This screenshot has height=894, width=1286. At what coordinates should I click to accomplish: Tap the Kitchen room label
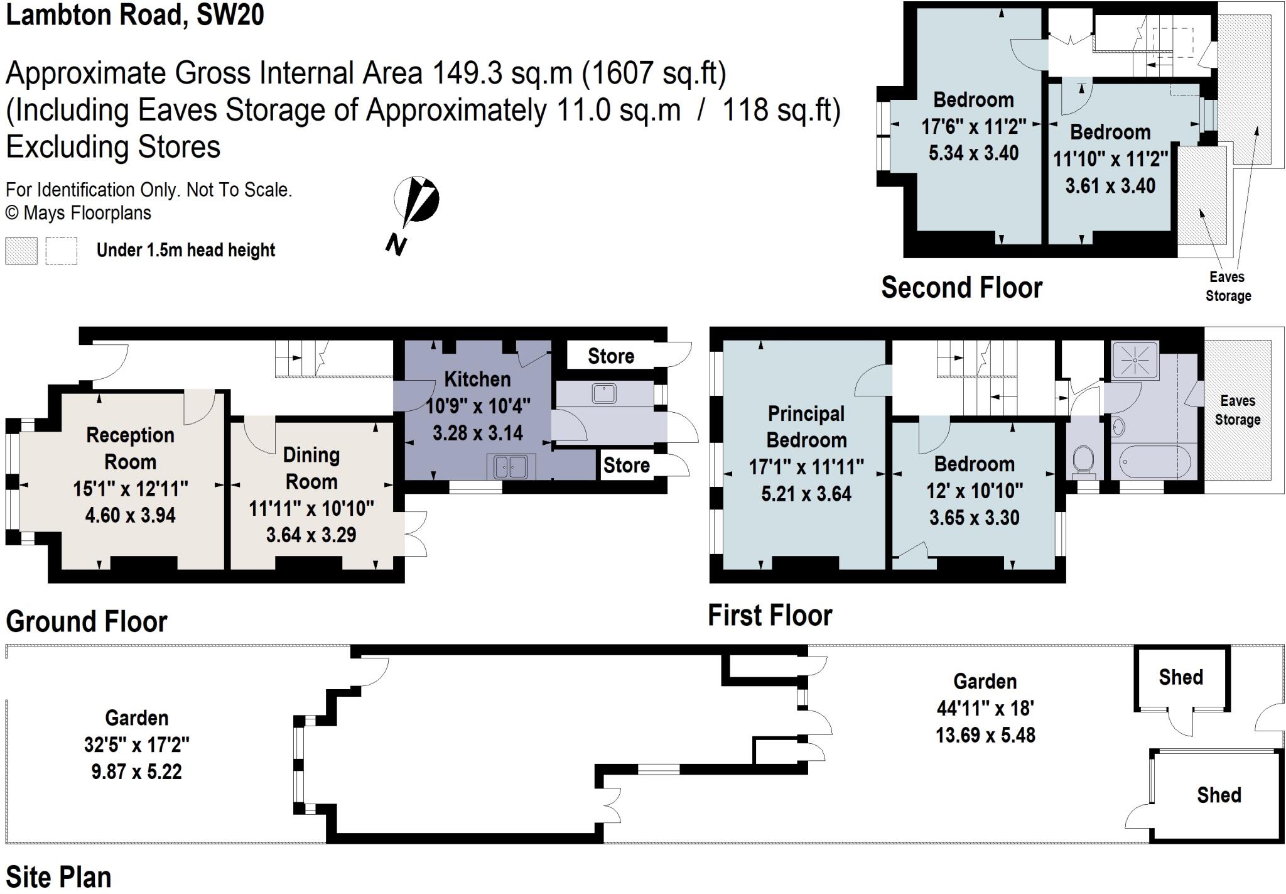477,379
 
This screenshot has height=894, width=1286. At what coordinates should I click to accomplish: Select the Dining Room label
311,468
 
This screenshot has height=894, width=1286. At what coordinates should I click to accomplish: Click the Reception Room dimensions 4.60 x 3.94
130,515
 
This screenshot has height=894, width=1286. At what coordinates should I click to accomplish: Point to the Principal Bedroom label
806,427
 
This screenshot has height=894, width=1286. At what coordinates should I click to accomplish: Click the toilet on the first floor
1083,460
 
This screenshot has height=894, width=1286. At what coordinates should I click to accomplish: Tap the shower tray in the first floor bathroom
1135,360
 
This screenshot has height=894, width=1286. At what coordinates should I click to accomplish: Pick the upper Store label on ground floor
610,356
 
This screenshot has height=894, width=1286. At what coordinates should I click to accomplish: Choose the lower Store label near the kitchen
626,466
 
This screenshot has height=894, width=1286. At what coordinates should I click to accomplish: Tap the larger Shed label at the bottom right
1218,795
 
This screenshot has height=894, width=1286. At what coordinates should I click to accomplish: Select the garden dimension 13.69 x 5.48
985,735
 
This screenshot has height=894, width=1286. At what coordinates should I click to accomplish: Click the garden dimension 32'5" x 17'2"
136,745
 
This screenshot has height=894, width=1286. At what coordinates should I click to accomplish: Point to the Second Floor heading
961,288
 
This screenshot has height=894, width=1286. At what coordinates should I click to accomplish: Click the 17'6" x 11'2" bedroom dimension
973,127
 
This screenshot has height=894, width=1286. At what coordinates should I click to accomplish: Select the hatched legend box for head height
21,251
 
